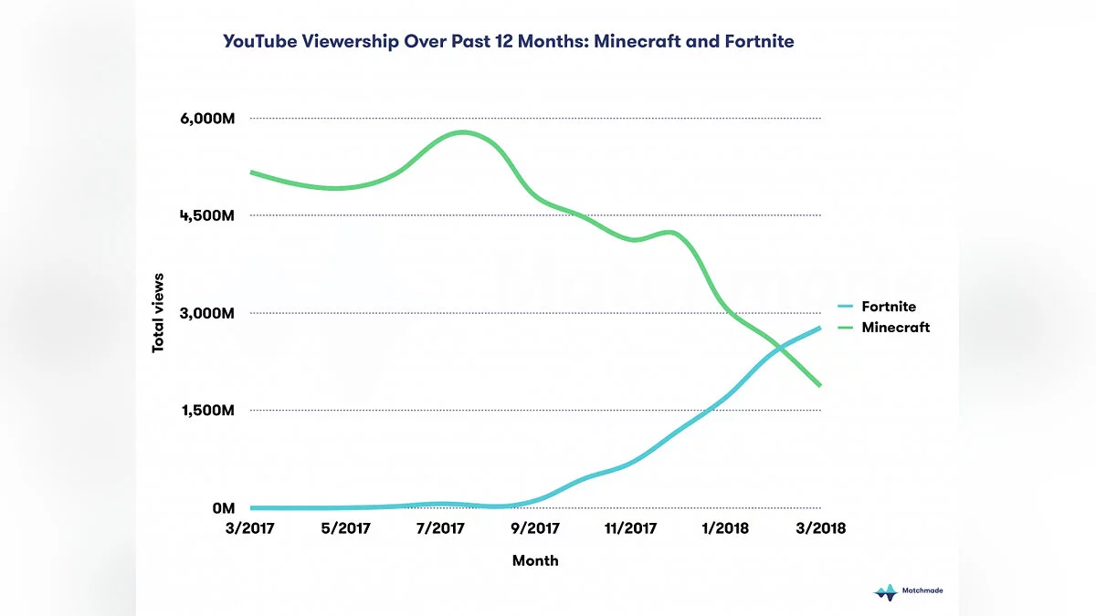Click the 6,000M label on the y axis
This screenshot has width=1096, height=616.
[x=208, y=119]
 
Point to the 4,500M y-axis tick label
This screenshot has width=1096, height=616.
[x=208, y=216]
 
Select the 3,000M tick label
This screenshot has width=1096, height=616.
[x=208, y=313]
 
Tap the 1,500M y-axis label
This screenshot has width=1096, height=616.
[x=208, y=411]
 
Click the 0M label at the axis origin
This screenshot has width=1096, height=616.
[x=224, y=507]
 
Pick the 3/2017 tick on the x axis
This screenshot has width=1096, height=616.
[x=249, y=528]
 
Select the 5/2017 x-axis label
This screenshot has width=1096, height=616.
[x=345, y=528]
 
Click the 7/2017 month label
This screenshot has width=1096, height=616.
[x=440, y=528]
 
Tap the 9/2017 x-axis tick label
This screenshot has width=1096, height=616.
[x=535, y=528]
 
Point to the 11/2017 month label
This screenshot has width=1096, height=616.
[x=630, y=528]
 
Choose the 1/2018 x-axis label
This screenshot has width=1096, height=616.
[x=725, y=528]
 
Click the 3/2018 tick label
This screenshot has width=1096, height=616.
[x=820, y=528]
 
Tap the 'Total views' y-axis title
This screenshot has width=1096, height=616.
[x=158, y=313]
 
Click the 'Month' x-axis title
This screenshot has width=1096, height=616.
[x=535, y=560]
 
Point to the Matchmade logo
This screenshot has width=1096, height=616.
[x=908, y=591]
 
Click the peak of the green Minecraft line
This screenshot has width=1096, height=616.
[x=462, y=132]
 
